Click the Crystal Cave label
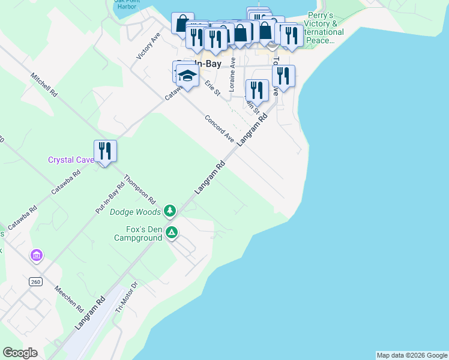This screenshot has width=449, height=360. [x=70, y=160]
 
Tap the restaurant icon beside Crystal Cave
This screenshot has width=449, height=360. [x=105, y=151]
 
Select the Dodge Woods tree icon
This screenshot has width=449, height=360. [x=170, y=211]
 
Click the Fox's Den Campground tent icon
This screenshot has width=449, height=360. [x=172, y=232]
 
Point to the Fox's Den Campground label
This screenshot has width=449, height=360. [x=138, y=233]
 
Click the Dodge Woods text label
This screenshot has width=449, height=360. [x=135, y=212]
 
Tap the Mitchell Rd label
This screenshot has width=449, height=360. [x=44, y=86]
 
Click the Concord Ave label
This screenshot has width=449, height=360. [x=219, y=128]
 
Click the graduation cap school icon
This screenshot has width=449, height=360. [x=187, y=76]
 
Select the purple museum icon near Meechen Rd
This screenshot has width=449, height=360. [x=36, y=256]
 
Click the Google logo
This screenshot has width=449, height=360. [x=20, y=353]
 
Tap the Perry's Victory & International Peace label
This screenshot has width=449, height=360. [x=325, y=28]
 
